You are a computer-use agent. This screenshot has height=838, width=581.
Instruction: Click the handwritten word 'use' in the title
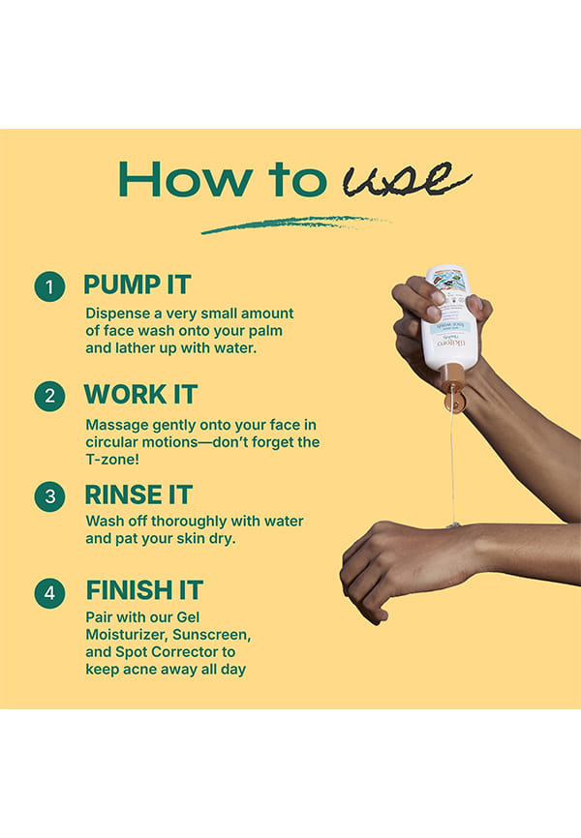406,179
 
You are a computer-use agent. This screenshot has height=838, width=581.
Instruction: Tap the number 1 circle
49,286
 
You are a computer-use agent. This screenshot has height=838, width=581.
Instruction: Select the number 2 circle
49,396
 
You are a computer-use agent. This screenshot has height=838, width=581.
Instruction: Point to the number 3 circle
49,496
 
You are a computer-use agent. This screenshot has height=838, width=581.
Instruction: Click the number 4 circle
49,592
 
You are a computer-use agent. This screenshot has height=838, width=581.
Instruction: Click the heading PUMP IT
137,284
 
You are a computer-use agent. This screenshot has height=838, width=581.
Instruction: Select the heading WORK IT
140,395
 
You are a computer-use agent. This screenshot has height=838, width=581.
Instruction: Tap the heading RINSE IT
138,494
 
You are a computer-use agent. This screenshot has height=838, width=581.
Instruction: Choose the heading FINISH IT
144,590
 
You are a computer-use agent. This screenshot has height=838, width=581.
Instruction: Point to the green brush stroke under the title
295,224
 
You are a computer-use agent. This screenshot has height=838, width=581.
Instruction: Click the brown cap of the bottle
453,387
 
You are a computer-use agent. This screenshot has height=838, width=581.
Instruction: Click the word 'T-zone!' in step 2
112,459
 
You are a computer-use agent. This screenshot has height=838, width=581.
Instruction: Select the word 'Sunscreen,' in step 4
211,635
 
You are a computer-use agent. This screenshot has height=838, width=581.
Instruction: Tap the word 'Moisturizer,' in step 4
126,635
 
